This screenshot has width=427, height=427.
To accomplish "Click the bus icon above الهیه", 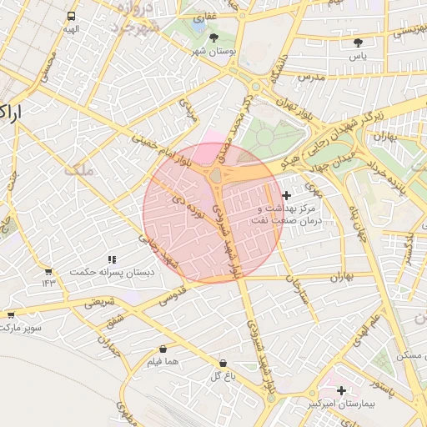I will [x=71, y=16].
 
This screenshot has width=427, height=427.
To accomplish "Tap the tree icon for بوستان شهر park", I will [x=214, y=38].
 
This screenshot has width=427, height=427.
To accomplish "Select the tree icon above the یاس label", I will [x=359, y=42].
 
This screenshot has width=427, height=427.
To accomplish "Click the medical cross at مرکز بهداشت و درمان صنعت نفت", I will [x=287, y=194].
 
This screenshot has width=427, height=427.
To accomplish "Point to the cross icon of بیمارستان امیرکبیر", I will [x=342, y=389].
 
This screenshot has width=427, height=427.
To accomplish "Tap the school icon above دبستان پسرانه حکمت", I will [x=113, y=259].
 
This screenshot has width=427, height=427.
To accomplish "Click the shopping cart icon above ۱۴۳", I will [x=48, y=271].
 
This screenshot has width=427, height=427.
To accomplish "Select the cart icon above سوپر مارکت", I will [x=11, y=314].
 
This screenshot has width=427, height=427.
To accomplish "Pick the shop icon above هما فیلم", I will [x=163, y=349].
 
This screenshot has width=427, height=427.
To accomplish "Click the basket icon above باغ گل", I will [x=223, y=363].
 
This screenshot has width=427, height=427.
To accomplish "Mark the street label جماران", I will [x=109, y=345].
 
